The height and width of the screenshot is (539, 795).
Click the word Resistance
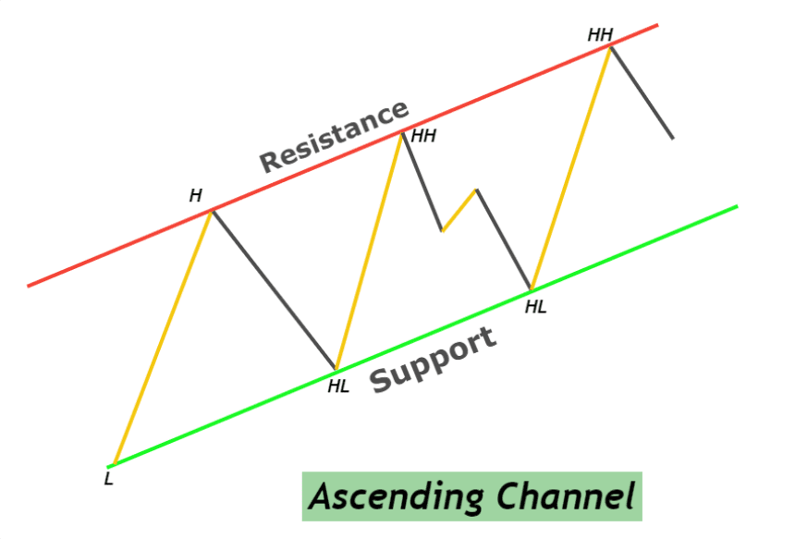click(x=334, y=136)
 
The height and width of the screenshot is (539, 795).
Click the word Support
click(x=434, y=361)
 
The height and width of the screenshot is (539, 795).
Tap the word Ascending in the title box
click(x=396, y=496)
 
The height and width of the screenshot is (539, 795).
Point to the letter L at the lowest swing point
click(x=108, y=480)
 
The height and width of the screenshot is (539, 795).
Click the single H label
click(x=195, y=195)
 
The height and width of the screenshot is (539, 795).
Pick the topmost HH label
click(x=600, y=35)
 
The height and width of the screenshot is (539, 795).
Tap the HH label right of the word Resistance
click(x=423, y=136)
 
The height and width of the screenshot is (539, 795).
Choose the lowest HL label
click(x=338, y=386)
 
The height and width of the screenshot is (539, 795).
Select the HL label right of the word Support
click(x=535, y=307)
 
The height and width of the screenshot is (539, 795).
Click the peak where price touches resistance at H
click(x=212, y=211)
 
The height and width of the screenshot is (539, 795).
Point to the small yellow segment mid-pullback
click(x=459, y=210)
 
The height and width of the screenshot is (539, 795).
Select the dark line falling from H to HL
click(x=274, y=289)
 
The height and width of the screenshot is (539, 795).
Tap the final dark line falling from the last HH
click(x=642, y=92)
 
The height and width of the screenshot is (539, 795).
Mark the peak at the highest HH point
click(x=610, y=46)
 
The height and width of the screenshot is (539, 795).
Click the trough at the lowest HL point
click(x=336, y=369)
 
